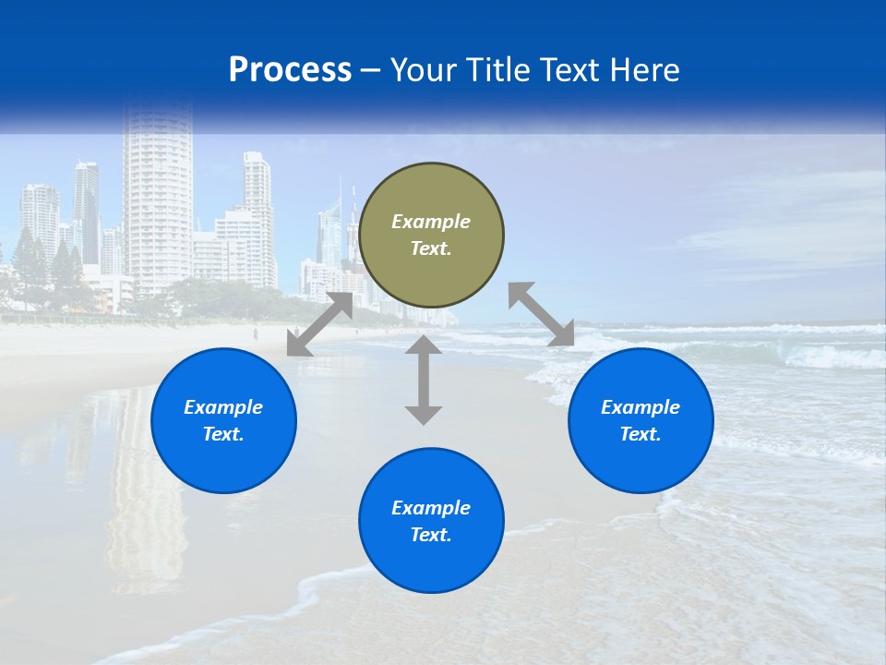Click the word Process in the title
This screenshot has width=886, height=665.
pos(290,70)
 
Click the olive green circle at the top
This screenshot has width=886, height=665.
pos(431,235)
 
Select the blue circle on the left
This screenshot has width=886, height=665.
pos(223,420)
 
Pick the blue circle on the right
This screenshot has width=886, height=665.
pos(641,420)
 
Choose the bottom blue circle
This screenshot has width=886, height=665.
pos(431,520)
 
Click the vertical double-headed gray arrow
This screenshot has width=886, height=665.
pos(424,380)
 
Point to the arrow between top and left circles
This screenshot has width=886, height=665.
pos(319,324)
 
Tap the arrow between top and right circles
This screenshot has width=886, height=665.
pos(541,314)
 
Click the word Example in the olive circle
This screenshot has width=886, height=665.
pos(431,222)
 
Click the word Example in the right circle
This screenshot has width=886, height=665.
pos(641,407)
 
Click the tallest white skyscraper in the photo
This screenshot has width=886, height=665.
pos(157,203)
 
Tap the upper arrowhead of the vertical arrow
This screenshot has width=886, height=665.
pos(424,346)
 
